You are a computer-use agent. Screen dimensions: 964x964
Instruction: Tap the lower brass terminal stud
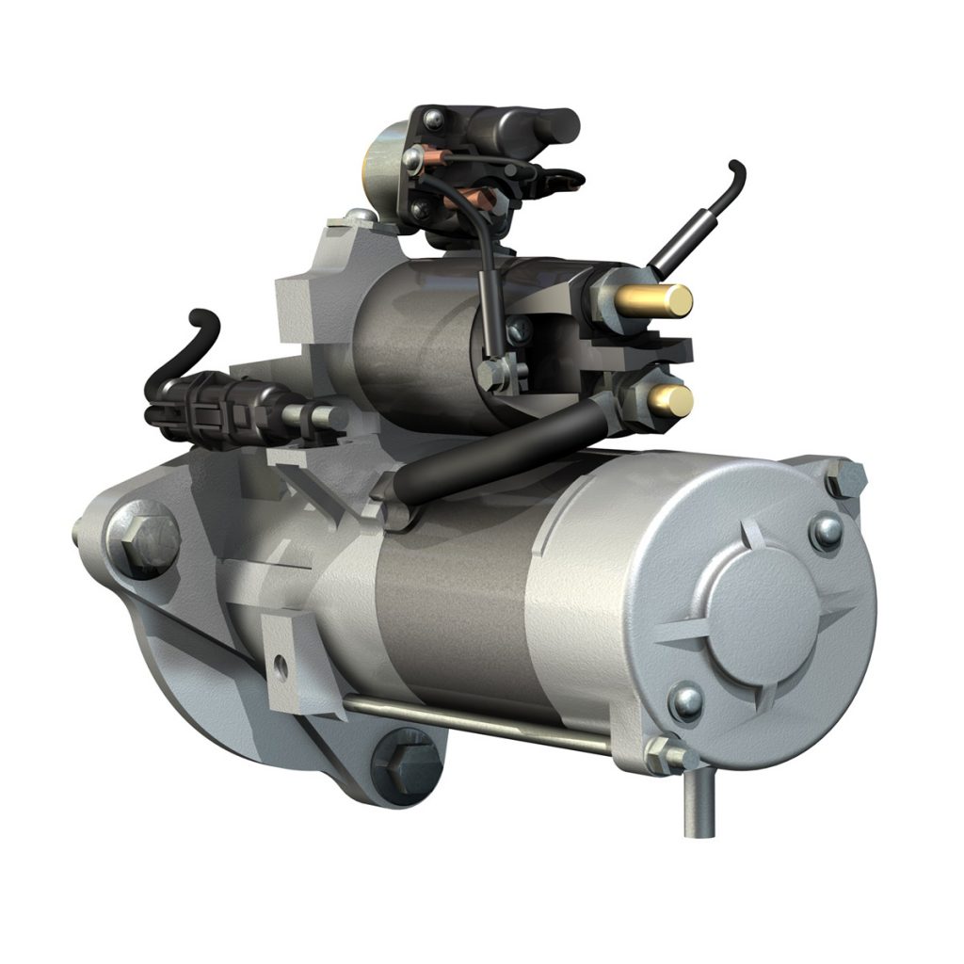[x=671, y=401]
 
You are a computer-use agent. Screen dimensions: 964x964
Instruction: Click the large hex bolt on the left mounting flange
[x=143, y=540]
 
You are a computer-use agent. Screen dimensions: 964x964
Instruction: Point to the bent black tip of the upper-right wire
[x=735, y=175]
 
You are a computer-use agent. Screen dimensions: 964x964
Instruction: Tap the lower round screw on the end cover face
[x=686, y=700]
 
